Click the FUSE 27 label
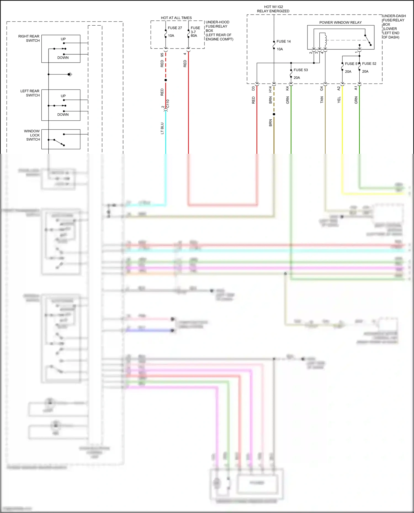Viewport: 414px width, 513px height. [x=175, y=28]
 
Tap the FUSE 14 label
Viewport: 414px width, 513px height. [x=283, y=41]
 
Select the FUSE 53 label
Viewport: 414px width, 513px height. [x=301, y=70]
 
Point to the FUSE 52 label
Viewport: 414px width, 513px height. [x=369, y=63]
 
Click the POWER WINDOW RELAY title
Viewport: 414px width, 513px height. [x=340, y=22]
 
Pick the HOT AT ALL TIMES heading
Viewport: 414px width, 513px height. [x=176, y=18]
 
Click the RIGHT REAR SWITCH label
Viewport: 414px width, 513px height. [x=29, y=38]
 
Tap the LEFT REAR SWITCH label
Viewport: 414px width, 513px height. [x=30, y=93]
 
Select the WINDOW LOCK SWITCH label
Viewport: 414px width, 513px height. [x=32, y=135]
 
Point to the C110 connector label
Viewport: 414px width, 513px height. [x=168, y=104]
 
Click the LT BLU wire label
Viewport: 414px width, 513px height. [x=162, y=128]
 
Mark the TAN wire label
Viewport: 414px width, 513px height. [x=322, y=100]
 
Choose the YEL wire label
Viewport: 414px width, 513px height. [x=339, y=100]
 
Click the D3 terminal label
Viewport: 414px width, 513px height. [x=253, y=88]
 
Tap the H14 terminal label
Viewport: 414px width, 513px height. [x=270, y=89]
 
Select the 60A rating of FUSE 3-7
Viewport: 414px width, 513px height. [x=194, y=36]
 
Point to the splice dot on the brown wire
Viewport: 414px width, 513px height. [x=274, y=114]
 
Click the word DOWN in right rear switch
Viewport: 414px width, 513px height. [x=63, y=58]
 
